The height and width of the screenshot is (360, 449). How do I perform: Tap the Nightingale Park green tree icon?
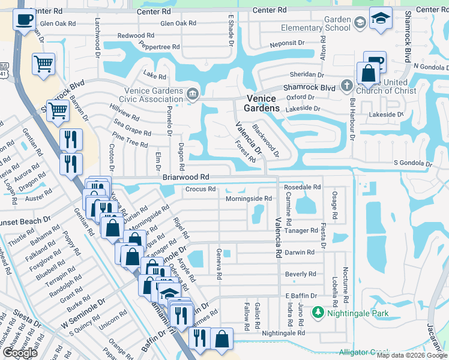click(317, 313)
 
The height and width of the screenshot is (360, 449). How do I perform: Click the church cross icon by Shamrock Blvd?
click(346, 85)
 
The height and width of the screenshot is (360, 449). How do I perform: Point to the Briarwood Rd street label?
click(185, 178)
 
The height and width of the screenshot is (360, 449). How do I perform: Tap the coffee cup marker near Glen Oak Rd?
click(23, 20)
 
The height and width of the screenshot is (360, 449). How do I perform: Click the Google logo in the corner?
click(20, 353)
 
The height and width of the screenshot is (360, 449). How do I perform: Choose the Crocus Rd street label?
click(200, 189)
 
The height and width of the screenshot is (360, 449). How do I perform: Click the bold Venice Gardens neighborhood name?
click(262, 103)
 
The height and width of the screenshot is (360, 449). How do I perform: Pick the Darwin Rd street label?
click(300, 253)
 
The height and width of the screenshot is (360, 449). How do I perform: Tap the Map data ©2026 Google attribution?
click(412, 355)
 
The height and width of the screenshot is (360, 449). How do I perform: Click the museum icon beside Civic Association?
click(193, 93)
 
